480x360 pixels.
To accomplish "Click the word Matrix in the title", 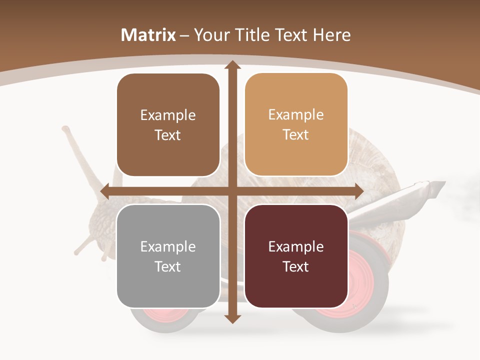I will [x=148, y=35].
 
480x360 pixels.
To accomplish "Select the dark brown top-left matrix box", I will [x=168, y=125].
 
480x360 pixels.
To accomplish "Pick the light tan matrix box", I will [x=296, y=125].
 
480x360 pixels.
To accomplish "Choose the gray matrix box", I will [x=168, y=256].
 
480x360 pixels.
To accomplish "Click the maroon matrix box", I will [x=296, y=256].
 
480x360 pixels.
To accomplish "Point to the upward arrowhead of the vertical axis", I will [x=232, y=65].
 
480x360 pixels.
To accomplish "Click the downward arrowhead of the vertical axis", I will [x=232, y=319].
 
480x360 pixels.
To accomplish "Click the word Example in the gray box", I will [x=168, y=246].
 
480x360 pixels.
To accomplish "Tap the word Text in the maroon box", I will [x=296, y=266].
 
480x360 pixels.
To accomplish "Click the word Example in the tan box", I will [x=296, y=115].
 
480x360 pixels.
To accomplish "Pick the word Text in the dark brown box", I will [x=168, y=135].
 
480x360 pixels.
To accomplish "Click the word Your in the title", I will [x=211, y=35].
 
